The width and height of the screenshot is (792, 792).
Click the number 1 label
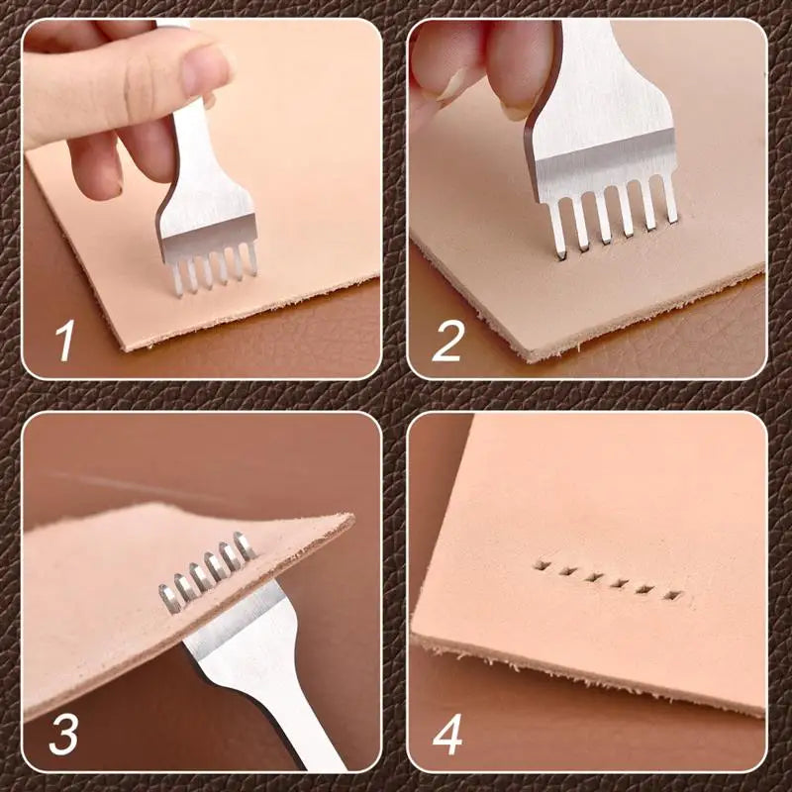[x=65, y=340]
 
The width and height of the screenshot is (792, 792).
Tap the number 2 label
[x=448, y=340]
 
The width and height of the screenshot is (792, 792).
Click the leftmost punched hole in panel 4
[x=541, y=567]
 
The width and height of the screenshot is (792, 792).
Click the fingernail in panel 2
[x=518, y=107]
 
